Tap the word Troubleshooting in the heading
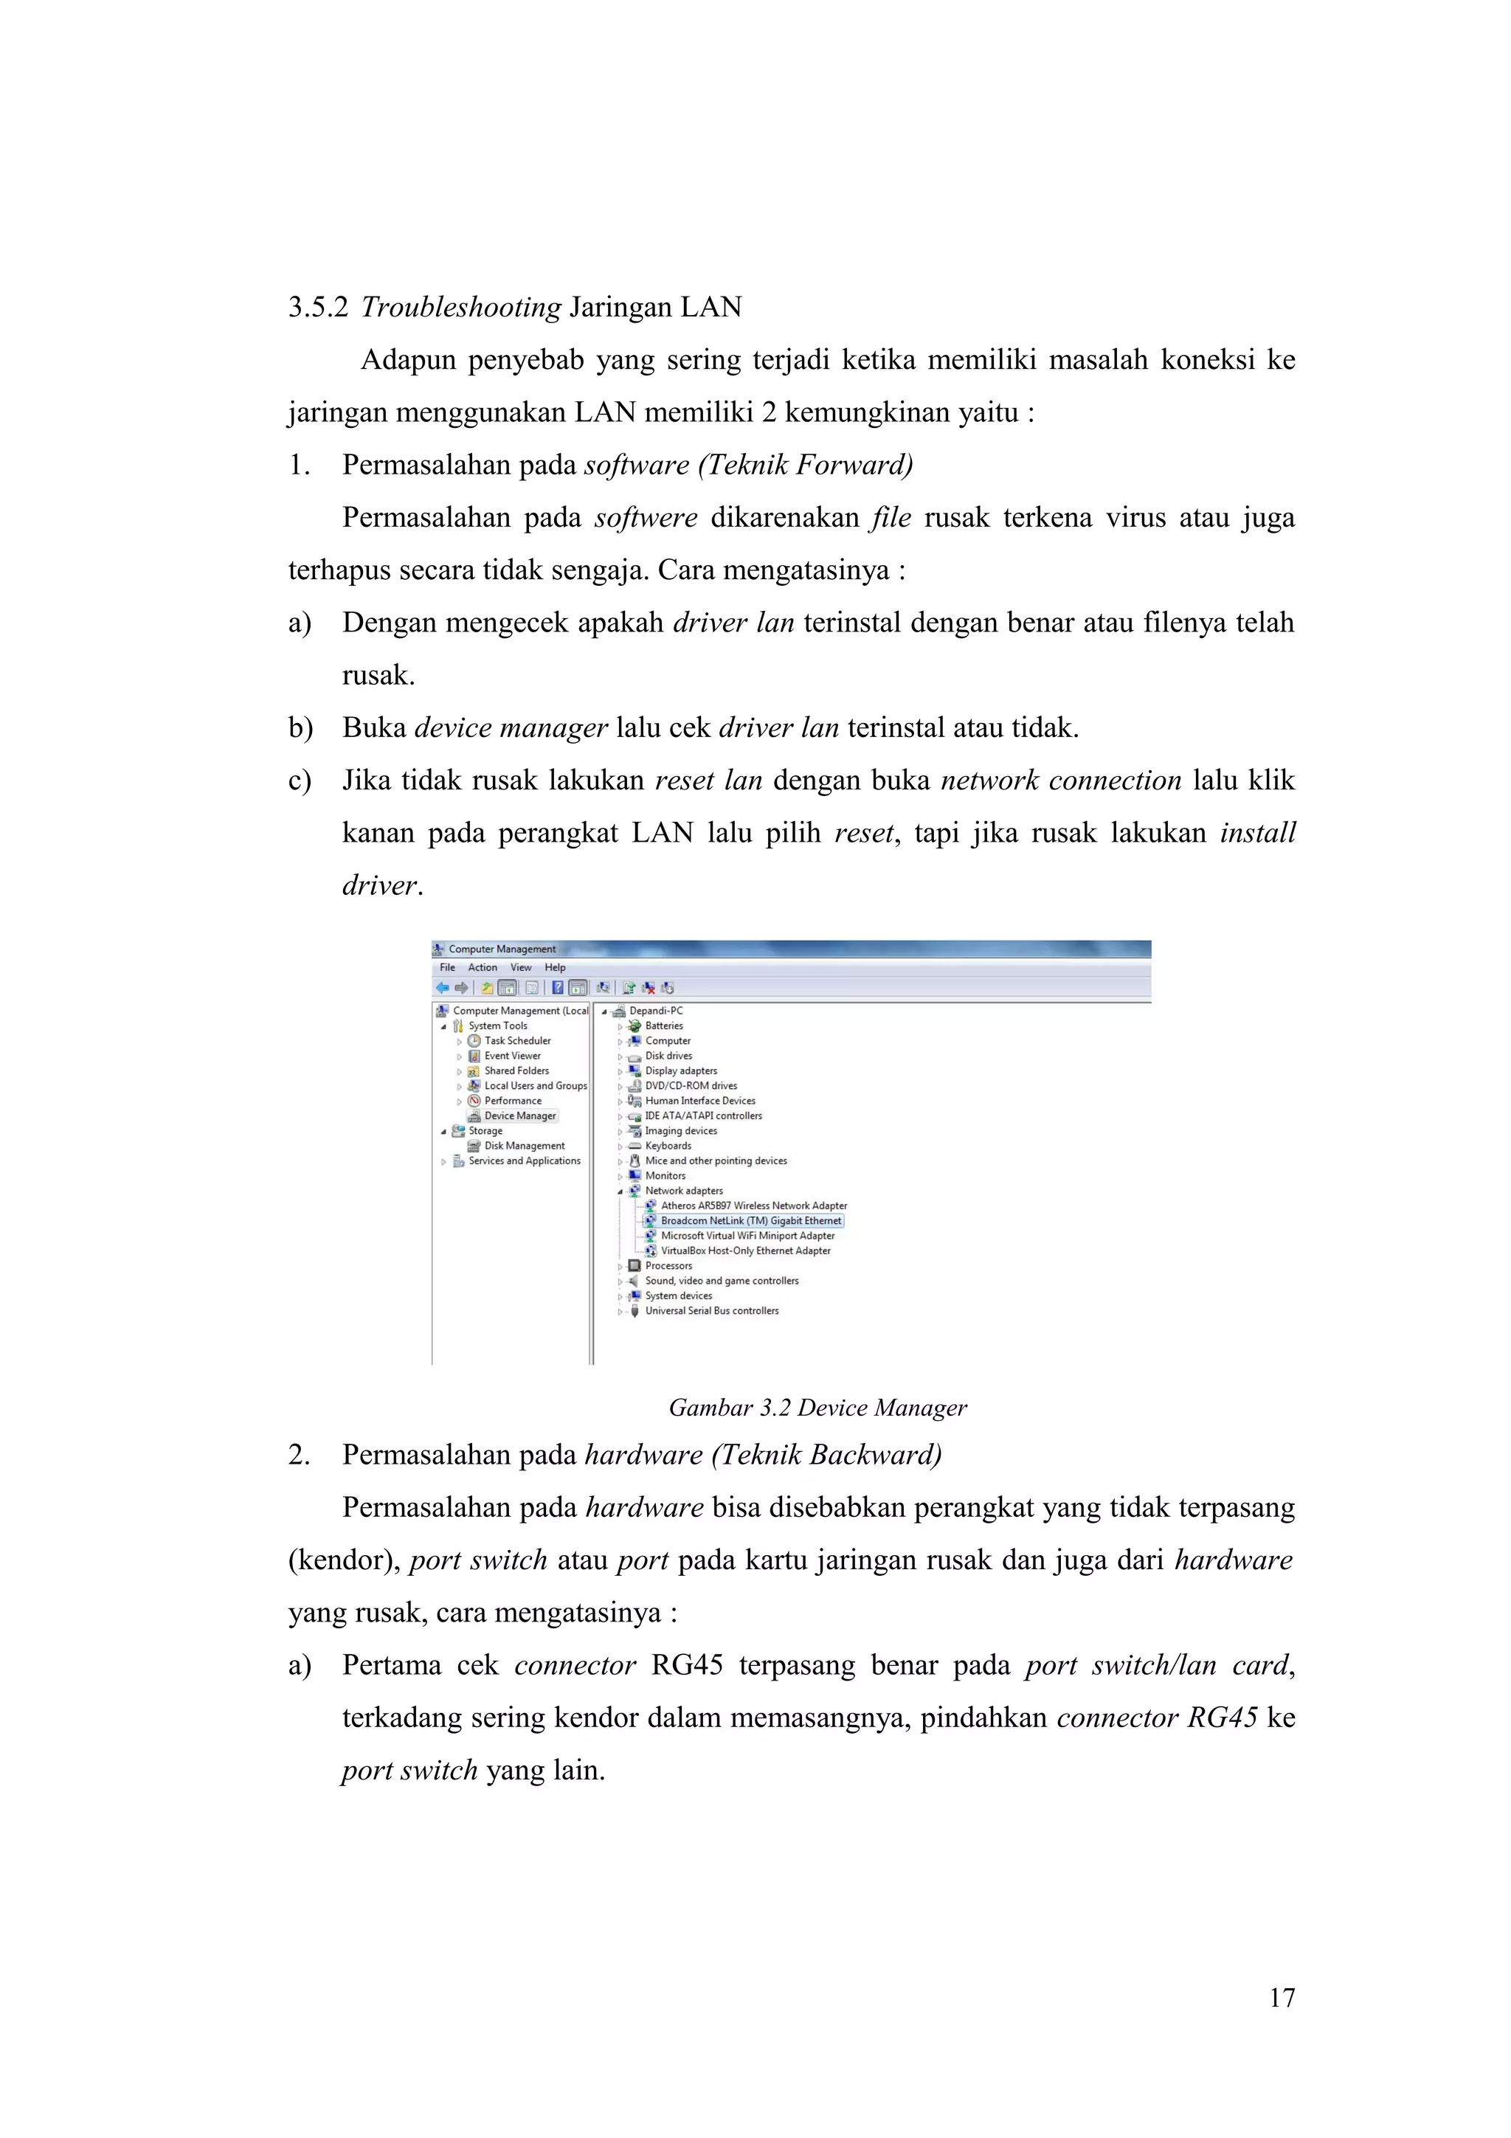coord(461,308)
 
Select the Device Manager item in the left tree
coord(519,1115)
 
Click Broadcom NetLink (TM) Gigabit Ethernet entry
coord(750,1221)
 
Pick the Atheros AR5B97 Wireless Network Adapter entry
coord(753,1206)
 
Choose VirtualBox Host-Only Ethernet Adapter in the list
coord(744,1250)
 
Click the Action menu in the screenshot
coord(483,967)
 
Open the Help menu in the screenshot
coord(555,967)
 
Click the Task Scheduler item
coord(516,1041)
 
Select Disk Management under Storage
coord(524,1146)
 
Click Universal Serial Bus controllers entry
coord(711,1311)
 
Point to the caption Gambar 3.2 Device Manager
coord(817,1408)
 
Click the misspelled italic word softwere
coord(646,518)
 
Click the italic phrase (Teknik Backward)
coord(827,1455)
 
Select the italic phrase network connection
coord(1060,781)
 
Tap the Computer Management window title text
coord(502,949)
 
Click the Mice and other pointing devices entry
coord(715,1161)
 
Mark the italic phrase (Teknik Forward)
coord(806,465)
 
